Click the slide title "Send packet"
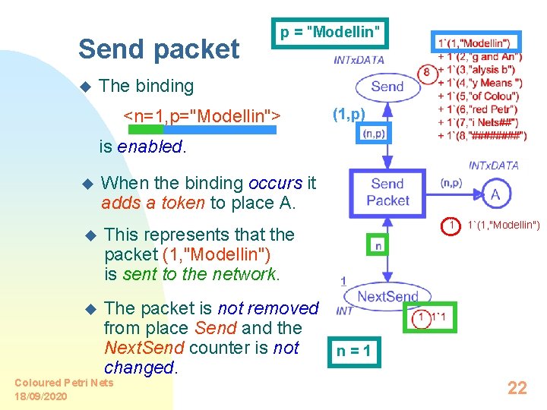(158, 49)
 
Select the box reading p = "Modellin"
(329, 33)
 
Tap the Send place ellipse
(387, 86)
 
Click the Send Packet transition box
(387, 192)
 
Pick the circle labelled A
(495, 195)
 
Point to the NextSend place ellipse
(387, 296)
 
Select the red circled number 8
(427, 72)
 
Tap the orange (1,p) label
(349, 115)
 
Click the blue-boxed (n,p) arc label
(374, 134)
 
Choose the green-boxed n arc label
(378, 245)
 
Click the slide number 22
(517, 388)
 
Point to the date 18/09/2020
(40, 396)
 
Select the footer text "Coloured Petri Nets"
(64, 383)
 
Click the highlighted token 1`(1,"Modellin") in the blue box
(476, 43)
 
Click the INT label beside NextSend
(344, 311)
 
